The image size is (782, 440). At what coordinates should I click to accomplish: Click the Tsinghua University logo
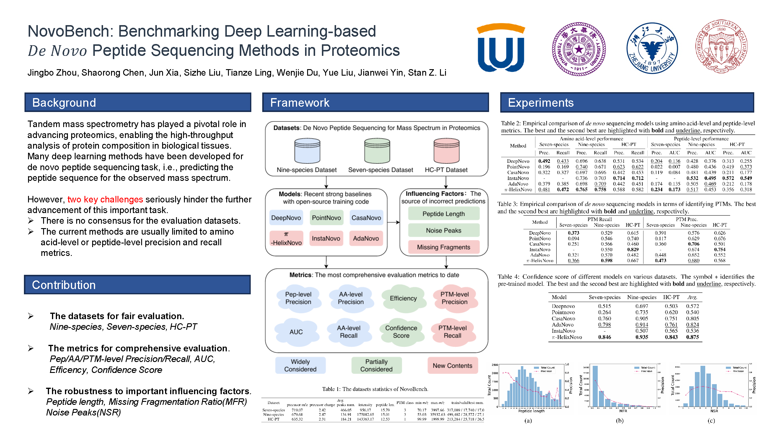[579, 48]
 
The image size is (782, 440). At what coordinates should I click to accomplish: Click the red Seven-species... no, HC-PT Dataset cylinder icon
[446, 151]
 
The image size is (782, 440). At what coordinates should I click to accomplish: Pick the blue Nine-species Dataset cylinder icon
[307, 151]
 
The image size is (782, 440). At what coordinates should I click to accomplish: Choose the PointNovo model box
[326, 218]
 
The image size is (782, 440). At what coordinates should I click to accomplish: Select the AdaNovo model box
[366, 238]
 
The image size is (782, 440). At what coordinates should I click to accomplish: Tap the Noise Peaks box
[444, 230]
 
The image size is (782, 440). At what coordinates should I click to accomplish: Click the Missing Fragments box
[444, 247]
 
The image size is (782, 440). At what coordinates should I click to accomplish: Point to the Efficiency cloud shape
[403, 298]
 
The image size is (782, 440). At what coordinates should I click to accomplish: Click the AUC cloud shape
[296, 332]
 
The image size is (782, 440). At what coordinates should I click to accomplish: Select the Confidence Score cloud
[401, 332]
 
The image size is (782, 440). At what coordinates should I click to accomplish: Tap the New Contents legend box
[452, 366]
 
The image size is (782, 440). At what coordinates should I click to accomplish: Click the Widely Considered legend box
[300, 366]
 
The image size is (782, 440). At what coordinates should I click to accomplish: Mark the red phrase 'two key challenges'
[105, 199]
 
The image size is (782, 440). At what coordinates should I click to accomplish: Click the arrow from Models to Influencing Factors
[393, 222]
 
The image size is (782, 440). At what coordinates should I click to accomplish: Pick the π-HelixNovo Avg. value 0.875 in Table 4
[693, 337]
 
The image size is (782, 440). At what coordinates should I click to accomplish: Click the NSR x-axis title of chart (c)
[714, 411]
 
